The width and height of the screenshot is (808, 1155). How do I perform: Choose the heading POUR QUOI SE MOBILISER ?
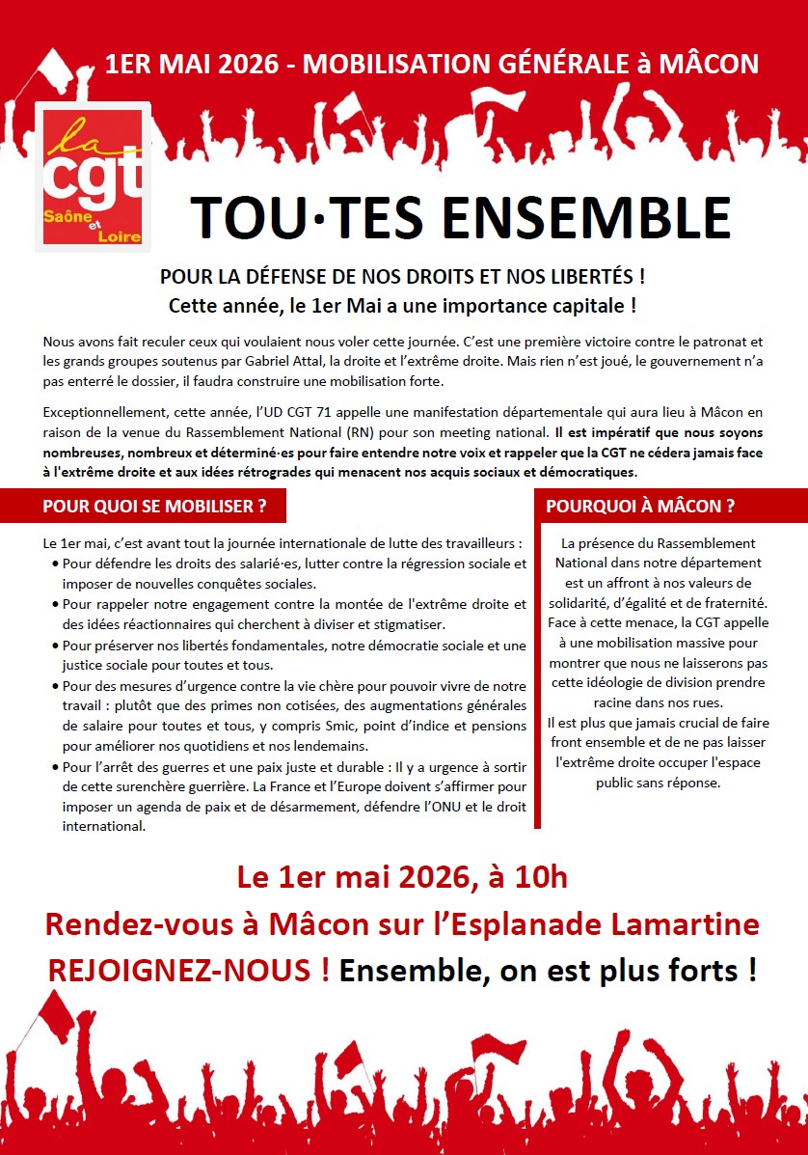(x=155, y=507)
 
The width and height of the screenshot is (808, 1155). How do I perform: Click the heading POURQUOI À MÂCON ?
(x=640, y=507)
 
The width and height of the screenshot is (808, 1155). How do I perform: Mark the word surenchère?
(x=139, y=787)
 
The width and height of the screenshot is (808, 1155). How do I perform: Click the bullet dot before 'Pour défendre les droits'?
(x=54, y=564)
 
